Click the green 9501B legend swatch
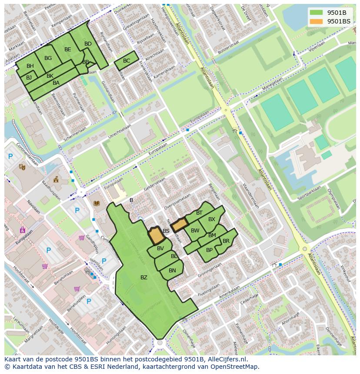coord(316,12)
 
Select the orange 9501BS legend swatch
coord(316,21)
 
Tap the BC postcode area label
coord(127,61)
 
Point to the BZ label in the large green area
coord(143,278)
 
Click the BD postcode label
coord(88,44)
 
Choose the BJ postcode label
coord(29,78)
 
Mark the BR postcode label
coord(226,241)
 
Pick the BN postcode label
coord(172,271)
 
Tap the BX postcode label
coord(211,219)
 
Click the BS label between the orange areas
coord(166,231)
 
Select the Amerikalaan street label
coord(229,291)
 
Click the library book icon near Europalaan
coord(97,203)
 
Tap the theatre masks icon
coord(22,167)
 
